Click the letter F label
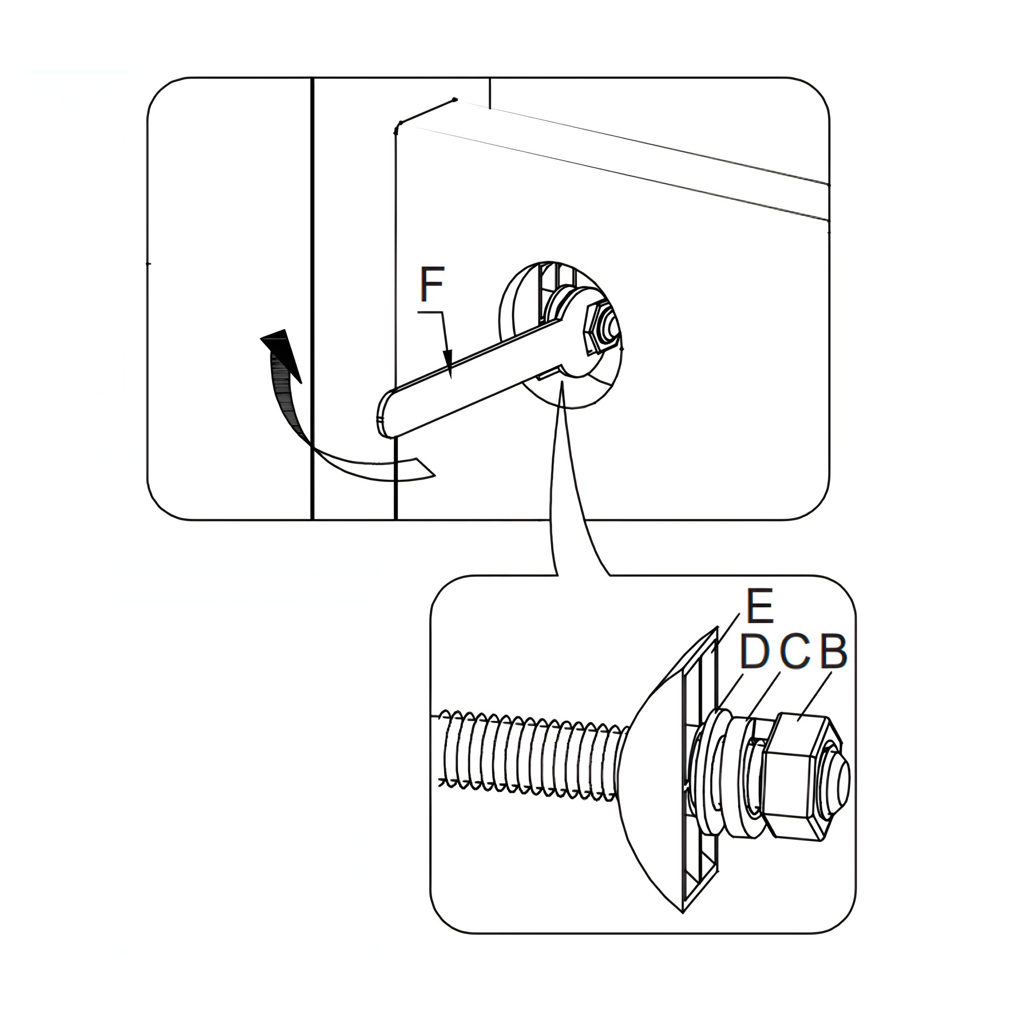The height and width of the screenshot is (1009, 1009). (432, 284)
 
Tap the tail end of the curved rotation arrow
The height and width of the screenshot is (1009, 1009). (425, 468)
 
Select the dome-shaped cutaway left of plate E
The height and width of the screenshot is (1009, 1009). (653, 773)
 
